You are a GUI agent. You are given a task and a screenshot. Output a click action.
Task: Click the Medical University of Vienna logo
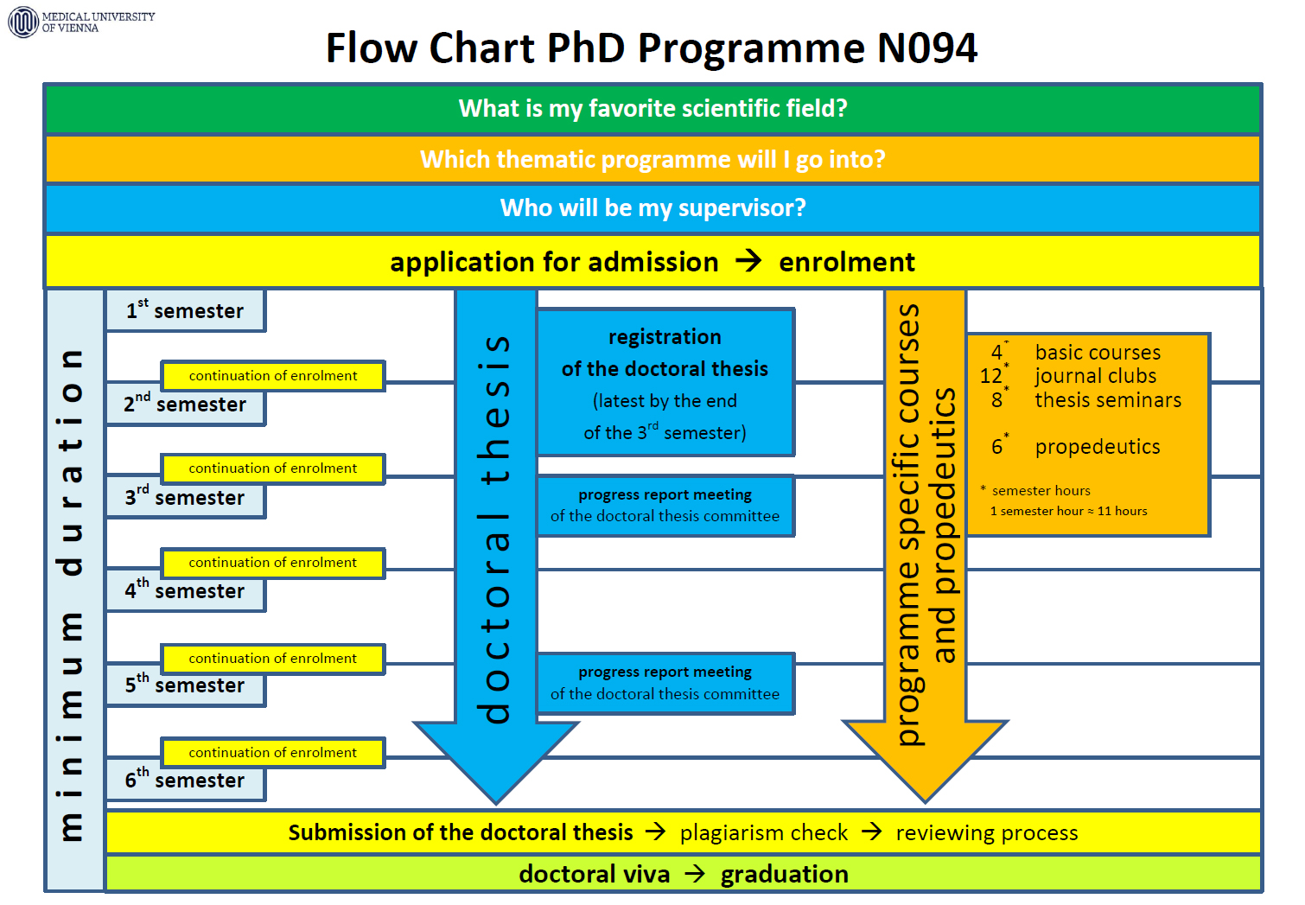pos(23,22)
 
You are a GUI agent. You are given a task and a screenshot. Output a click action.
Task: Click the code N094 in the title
pos(926,48)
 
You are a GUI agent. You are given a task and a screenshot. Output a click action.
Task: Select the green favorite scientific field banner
pos(652,108)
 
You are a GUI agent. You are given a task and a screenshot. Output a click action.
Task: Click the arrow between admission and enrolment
pos(748,261)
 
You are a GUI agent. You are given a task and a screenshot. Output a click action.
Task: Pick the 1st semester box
pos(185,311)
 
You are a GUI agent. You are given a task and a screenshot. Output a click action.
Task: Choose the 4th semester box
pos(185,591)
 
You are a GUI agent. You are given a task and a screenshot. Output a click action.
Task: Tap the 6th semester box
pos(185,781)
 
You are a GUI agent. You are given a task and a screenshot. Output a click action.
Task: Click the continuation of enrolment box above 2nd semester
pos(273,376)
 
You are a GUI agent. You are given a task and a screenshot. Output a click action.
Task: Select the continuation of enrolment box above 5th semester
pos(273,659)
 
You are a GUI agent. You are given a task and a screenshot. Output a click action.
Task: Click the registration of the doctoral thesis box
pos(665,383)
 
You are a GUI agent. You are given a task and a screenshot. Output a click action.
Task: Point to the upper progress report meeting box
pos(665,506)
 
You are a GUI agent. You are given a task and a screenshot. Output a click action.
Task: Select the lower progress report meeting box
pos(665,684)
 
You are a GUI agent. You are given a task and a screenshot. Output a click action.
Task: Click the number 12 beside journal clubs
pos(991,377)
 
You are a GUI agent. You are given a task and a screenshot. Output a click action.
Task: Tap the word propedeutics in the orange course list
pos(1098,447)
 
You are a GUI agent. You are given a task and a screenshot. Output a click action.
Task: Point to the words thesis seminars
pos(1108,400)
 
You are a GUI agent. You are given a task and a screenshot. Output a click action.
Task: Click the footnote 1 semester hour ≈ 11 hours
pos(1069,512)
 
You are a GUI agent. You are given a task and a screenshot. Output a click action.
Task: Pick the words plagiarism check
pos(764,833)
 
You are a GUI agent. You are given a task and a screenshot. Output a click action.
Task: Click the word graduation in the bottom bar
pos(784,875)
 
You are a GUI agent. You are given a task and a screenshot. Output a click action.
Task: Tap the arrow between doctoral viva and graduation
pos(695,874)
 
